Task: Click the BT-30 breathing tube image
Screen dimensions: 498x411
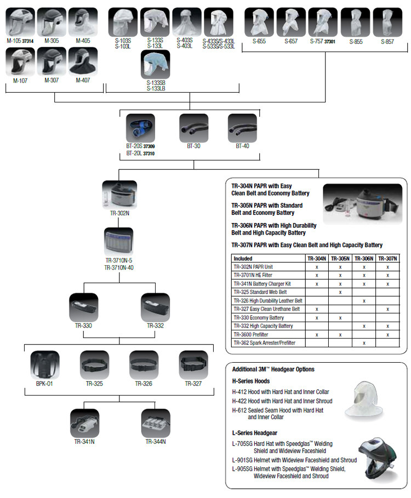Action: coord(193,128)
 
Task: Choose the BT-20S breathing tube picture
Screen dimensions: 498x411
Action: coord(141,128)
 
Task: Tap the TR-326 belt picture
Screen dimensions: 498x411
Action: coord(144,364)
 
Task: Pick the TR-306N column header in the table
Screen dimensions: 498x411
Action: coord(363,258)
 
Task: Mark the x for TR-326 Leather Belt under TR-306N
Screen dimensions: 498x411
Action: coord(363,301)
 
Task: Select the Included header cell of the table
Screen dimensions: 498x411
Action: coord(243,258)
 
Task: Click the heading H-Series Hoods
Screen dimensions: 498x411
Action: coord(251,380)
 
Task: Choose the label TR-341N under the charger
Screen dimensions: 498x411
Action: coord(85,441)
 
